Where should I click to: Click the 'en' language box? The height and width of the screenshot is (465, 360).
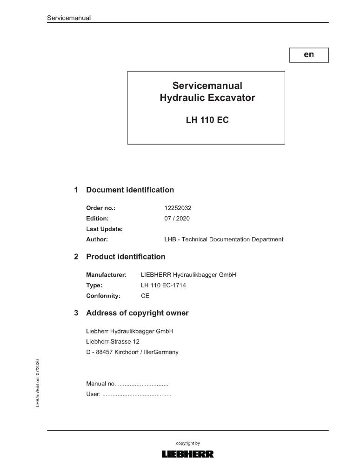click(x=309, y=55)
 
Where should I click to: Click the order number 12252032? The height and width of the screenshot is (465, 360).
click(x=178, y=208)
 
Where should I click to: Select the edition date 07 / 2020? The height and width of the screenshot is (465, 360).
click(x=177, y=219)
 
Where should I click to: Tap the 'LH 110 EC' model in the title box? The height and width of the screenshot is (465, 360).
click(x=207, y=120)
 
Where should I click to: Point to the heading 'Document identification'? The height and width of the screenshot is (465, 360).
click(x=130, y=190)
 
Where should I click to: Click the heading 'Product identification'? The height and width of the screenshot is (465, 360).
click(x=126, y=257)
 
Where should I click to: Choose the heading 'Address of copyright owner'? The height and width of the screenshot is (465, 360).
click(x=137, y=313)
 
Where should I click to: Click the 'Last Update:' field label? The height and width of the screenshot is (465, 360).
click(x=105, y=229)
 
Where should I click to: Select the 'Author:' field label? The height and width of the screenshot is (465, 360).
click(x=97, y=239)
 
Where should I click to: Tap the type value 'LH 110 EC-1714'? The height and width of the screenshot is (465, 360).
click(x=163, y=285)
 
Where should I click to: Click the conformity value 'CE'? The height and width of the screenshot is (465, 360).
click(x=145, y=296)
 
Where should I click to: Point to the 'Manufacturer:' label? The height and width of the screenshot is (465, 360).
click(x=107, y=275)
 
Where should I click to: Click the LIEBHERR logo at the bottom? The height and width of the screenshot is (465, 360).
click(x=187, y=454)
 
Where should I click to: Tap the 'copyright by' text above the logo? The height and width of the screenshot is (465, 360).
click(x=188, y=444)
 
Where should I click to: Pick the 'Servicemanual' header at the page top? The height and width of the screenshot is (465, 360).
click(x=69, y=18)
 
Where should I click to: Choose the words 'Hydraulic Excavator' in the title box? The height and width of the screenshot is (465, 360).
click(x=207, y=98)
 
